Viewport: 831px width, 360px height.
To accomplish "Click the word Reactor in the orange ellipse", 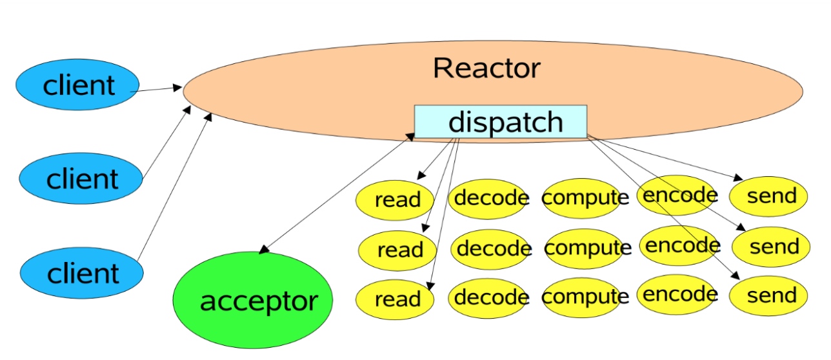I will [x=486, y=68].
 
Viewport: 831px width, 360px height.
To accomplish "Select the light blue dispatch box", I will [x=501, y=121].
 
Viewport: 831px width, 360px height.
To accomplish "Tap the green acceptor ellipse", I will [x=253, y=301].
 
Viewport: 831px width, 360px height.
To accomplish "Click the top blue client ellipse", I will [x=77, y=85].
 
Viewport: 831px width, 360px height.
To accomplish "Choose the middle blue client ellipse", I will [x=81, y=178].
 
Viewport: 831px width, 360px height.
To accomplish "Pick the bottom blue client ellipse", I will [x=82, y=273].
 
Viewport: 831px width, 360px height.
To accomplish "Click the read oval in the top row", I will [x=395, y=200].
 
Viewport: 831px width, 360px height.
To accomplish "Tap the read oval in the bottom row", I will [x=395, y=299].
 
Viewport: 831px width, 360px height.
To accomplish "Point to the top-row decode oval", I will [x=490, y=197].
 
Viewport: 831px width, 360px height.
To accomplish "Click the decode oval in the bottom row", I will [x=490, y=297].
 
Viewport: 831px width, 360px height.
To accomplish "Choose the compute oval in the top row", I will [x=585, y=197].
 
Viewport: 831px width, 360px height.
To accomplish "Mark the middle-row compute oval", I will [x=587, y=248].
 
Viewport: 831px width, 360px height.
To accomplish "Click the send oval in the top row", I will [x=769, y=195].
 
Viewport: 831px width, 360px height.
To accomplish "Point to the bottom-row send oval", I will [x=768, y=296].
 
